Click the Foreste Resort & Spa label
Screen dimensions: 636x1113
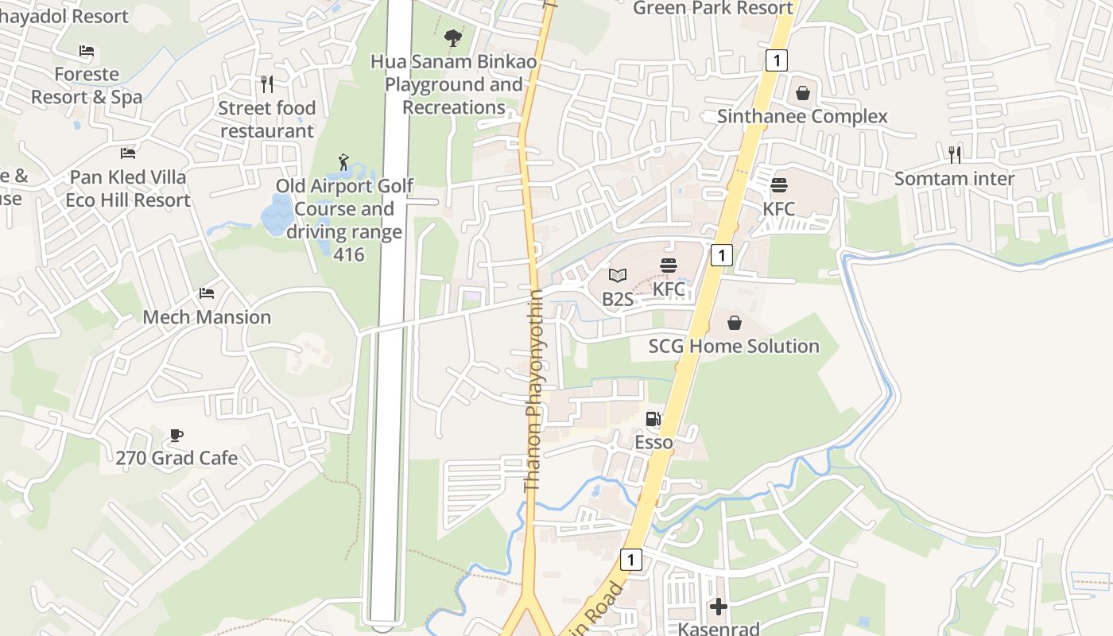click(87, 86)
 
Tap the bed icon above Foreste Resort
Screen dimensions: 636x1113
click(87, 52)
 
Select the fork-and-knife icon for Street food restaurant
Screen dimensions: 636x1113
click(267, 83)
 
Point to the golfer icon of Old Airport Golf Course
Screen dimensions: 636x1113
click(343, 163)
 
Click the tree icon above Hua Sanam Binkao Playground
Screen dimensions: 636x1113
click(453, 37)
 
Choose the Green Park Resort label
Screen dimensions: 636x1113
click(713, 9)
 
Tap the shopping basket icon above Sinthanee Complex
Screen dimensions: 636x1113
click(802, 93)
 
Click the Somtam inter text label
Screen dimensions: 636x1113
click(954, 179)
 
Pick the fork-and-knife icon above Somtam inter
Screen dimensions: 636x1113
click(955, 154)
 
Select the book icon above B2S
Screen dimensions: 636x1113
click(618, 276)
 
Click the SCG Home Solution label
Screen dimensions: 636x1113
click(734, 347)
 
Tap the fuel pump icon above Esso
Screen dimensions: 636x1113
click(653, 419)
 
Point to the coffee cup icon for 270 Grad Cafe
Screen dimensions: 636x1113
click(176, 435)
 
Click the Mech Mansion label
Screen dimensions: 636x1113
click(207, 317)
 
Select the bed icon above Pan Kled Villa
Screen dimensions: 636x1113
click(128, 153)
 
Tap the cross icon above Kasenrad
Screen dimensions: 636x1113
click(719, 607)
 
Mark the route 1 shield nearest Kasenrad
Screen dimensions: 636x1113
click(630, 560)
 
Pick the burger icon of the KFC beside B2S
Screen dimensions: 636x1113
click(669, 266)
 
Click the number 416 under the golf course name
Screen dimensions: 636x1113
click(349, 255)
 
